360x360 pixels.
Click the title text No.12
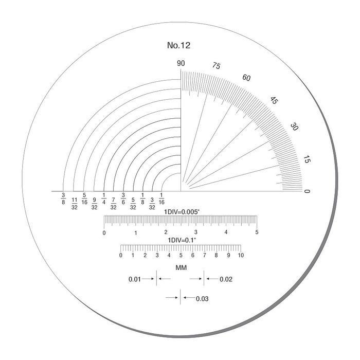179,46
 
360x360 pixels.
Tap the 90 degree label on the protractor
181,64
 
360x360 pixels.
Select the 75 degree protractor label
216,66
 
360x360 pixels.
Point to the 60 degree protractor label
246,78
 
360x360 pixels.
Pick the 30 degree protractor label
295,127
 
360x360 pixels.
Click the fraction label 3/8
63,198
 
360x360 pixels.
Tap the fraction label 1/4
104,198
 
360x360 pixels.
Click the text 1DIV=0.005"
181,211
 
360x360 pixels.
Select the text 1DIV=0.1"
181,240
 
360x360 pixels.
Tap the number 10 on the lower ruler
240,256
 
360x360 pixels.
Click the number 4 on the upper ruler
226,232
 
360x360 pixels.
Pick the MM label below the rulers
181,268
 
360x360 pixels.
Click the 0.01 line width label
134,279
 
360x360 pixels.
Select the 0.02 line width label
226,279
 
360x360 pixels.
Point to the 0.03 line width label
202,298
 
